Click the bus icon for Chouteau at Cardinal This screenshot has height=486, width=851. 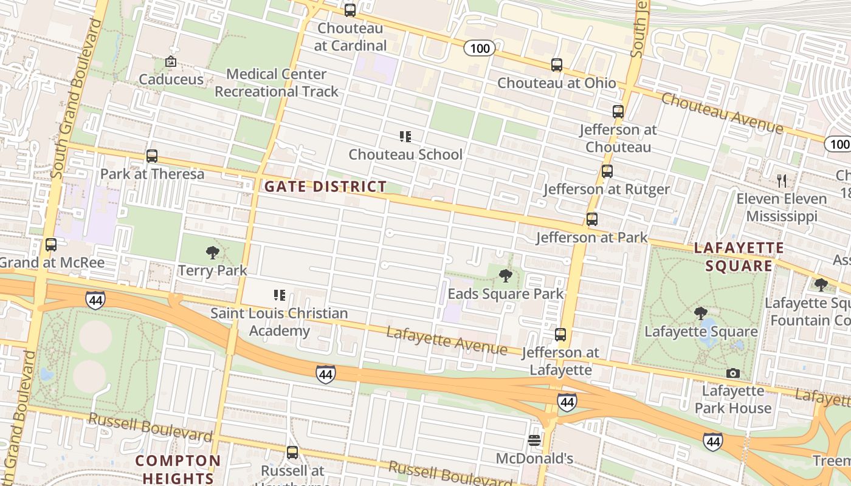pos(350,10)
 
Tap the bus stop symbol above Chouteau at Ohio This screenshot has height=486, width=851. pos(557,65)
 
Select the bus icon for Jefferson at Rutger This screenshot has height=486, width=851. pos(607,171)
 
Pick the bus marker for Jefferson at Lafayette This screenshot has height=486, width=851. pos(560,335)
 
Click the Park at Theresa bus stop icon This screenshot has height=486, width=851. pos(152,156)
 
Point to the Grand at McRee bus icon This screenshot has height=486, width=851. pos(51,245)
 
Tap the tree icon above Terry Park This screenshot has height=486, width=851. pos(212,253)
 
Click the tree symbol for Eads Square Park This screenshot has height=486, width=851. pos(505,276)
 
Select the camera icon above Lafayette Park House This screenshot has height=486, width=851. pos(733,373)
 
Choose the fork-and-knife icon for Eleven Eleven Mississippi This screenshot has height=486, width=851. pos(782,180)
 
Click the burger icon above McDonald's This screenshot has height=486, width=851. pos(534,440)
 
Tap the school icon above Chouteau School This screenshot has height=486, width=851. pos(405,137)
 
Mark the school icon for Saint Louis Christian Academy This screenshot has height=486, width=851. pos(280,296)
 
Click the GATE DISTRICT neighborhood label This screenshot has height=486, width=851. pos(325,187)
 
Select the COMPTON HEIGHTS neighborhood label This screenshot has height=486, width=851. pos(178,469)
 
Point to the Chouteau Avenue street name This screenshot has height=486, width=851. pos(722,112)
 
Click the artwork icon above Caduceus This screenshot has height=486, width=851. pos(171,61)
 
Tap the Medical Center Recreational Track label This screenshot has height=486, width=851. pos(277,83)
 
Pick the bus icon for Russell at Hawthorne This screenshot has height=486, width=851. pos(292,453)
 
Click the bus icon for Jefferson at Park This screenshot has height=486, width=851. pos(591,219)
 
